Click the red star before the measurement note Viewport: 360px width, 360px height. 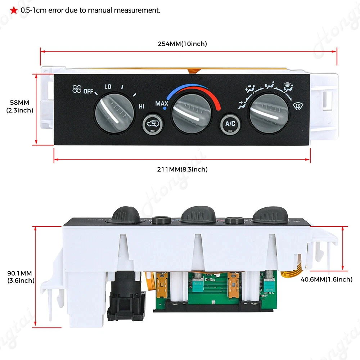(13, 10)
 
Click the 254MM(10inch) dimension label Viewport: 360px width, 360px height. (182, 44)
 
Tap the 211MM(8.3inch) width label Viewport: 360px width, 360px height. (183, 169)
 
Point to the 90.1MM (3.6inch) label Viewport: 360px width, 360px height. (21, 277)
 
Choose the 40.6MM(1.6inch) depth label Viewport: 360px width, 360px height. (327, 279)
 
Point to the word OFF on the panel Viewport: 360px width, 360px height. (88, 91)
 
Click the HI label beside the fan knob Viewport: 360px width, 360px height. (141, 106)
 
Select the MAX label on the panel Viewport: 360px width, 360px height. (162, 104)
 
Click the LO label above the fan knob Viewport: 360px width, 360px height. (108, 87)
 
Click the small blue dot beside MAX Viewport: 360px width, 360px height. (165, 108)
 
